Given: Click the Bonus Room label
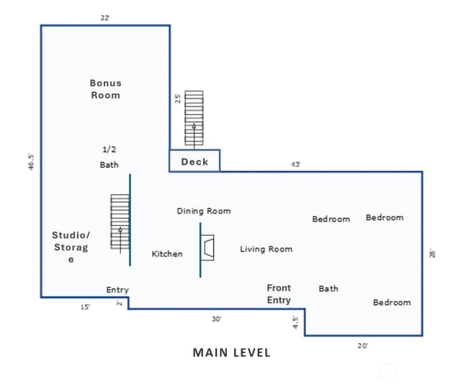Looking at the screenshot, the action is tap(106, 89).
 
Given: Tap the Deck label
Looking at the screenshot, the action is tap(194, 162).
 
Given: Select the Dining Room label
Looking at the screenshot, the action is tap(204, 211).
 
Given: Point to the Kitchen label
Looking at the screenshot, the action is tap(167, 254).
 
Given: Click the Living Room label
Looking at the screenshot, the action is tap(266, 250).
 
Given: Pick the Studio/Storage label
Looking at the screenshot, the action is tap(71, 247).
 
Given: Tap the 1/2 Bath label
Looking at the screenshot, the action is tap(109, 157).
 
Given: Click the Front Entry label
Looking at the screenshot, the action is tap(279, 294).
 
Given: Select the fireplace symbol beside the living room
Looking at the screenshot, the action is tap(207, 247).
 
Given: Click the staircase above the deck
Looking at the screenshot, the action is tap(194, 118).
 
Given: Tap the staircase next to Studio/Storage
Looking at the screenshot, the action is tap(120, 221).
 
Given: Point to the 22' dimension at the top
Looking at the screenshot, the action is tap(105, 18).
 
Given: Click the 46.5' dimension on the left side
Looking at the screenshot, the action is tap(31, 162).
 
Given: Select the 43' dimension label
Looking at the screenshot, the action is tap(295, 165).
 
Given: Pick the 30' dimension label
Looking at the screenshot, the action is tap(217, 319).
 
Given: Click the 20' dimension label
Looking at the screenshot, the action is tap(363, 346).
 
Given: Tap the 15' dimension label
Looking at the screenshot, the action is tap(85, 307).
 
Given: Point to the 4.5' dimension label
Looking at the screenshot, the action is tap(295, 322).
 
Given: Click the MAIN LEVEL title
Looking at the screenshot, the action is tap(231, 352).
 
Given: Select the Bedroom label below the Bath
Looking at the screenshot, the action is tap(392, 303).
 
